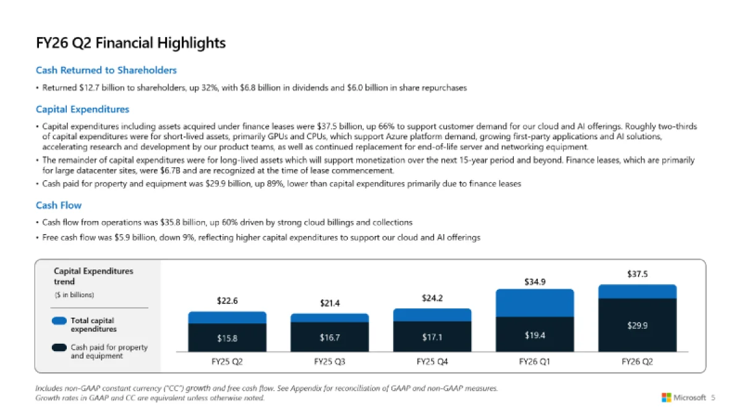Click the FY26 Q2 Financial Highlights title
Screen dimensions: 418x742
(x=130, y=43)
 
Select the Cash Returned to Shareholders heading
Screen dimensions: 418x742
(x=106, y=70)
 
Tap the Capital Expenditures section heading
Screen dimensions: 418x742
(x=82, y=110)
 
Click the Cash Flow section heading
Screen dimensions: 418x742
(x=59, y=205)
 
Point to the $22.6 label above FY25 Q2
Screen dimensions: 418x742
(x=227, y=301)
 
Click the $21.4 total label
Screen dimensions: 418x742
(x=330, y=303)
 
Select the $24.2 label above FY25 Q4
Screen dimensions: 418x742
(x=432, y=298)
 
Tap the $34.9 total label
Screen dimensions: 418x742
(x=535, y=282)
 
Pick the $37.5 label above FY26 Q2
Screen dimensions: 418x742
(x=638, y=274)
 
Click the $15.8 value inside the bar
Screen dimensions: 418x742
(x=227, y=338)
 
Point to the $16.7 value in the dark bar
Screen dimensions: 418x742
(x=330, y=338)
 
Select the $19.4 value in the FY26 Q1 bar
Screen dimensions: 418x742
(x=535, y=335)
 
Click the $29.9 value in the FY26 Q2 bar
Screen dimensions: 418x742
(x=638, y=325)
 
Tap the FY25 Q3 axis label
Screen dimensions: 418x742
(x=330, y=362)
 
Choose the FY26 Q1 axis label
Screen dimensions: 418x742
(x=535, y=362)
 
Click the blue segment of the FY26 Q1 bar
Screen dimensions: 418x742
(x=535, y=303)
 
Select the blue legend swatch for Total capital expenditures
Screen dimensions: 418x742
(x=59, y=321)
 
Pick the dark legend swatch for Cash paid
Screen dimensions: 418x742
(x=59, y=347)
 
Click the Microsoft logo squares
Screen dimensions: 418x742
(x=667, y=398)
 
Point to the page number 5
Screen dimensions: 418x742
(x=713, y=398)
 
